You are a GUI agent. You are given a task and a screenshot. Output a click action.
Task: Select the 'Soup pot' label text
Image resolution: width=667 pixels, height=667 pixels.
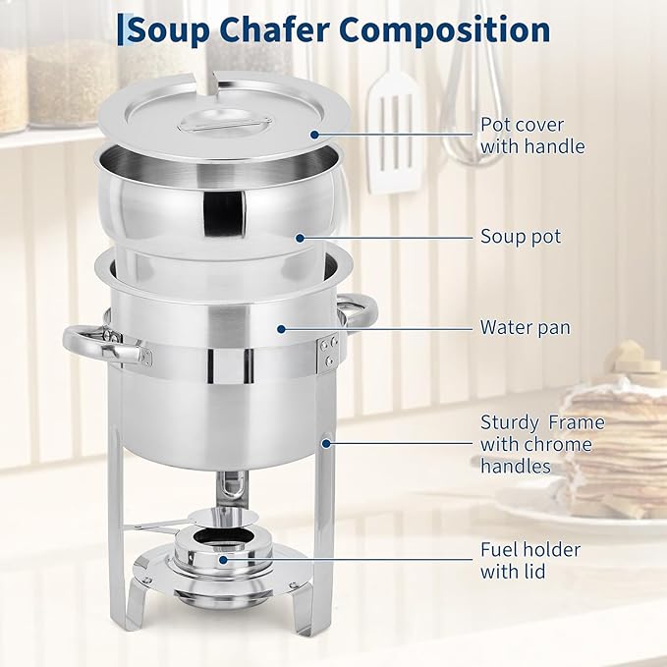coord(521,237)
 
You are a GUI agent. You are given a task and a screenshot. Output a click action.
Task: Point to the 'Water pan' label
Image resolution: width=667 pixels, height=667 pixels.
coord(525,327)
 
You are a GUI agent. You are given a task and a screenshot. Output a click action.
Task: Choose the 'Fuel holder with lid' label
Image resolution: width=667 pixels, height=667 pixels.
coord(529,560)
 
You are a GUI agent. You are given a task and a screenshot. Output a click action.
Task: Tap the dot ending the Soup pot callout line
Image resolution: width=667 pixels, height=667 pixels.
coord(300,237)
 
